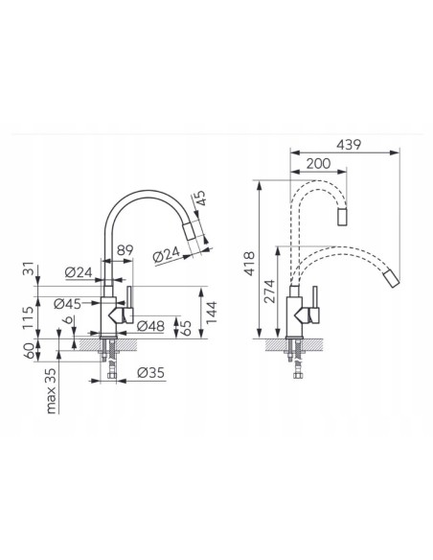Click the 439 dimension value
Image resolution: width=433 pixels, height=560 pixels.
point(349,145)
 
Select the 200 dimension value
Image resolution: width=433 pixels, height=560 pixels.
point(318,164)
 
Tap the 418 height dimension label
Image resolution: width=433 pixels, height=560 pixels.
point(250,264)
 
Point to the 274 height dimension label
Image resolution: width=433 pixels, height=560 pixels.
point(270,292)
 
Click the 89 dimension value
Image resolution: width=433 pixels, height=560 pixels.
point(125,250)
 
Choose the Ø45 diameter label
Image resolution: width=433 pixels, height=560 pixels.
point(67,304)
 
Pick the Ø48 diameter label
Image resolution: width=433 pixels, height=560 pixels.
point(150,326)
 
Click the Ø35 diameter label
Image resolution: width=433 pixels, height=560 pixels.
point(150,373)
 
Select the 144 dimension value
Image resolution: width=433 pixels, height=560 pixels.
point(212,313)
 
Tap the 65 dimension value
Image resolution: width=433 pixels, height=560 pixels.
point(187,328)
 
